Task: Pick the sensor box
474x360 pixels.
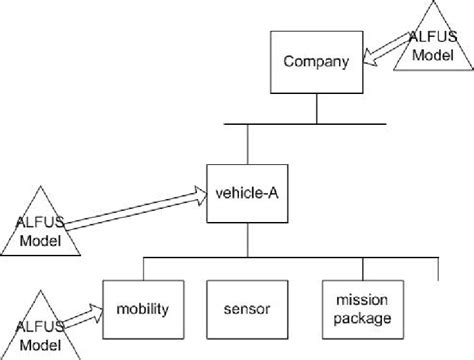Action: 248,305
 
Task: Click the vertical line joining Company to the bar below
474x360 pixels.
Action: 316,106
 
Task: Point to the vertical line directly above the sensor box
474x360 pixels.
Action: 249,267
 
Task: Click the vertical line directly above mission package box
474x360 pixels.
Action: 359,267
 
